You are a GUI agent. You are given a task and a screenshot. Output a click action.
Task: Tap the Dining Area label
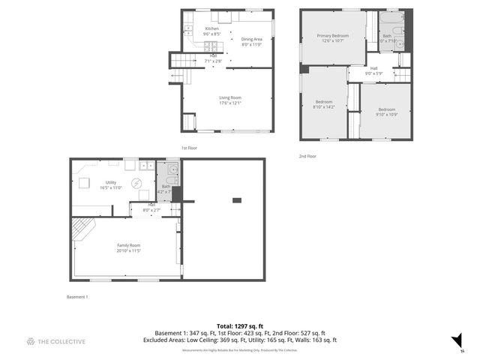coord(251,39)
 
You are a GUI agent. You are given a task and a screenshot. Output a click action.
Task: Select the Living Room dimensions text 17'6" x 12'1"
coord(229,102)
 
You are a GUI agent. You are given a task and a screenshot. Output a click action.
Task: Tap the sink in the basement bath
coord(171,180)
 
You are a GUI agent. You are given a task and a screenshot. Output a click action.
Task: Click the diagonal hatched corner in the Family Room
coord(82,228)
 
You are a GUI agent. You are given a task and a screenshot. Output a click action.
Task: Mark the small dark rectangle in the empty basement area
coord(237,200)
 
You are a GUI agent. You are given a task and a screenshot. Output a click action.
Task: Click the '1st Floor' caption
coord(189,148)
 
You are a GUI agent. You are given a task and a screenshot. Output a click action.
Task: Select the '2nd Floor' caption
coord(307,156)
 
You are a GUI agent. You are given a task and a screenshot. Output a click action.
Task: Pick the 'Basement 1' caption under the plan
coord(77,297)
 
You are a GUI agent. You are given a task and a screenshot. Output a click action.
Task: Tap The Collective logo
coord(56,341)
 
